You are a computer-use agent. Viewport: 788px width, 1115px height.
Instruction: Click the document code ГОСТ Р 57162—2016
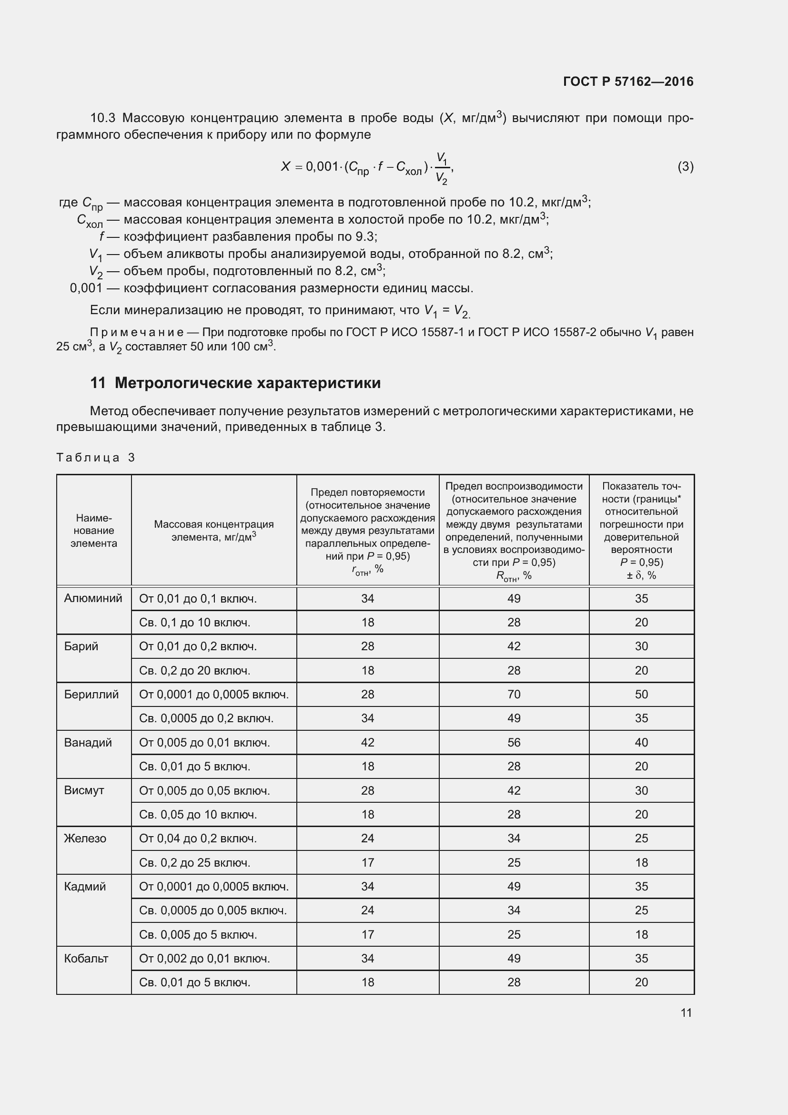click(x=628, y=82)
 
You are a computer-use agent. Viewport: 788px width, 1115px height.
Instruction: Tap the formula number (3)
click(x=685, y=166)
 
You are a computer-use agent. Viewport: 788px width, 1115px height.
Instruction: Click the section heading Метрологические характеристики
click(x=247, y=383)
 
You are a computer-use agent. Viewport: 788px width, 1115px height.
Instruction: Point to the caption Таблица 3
click(x=96, y=458)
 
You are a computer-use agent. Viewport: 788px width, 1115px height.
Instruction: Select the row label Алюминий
click(x=93, y=598)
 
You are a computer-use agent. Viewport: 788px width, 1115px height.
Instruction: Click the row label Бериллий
click(x=91, y=695)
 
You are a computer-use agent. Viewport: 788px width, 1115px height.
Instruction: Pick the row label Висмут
click(x=84, y=790)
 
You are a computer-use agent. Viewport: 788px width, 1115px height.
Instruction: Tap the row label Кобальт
click(x=86, y=958)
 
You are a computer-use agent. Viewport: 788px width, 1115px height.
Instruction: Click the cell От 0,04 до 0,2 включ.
click(x=198, y=838)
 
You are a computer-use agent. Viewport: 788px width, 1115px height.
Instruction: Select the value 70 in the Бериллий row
click(x=514, y=695)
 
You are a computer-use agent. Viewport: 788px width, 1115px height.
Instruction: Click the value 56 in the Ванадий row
click(x=514, y=743)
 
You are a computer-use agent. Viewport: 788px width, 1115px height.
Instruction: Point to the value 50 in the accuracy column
click(x=641, y=695)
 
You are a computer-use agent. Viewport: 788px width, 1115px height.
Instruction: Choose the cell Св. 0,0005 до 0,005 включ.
click(x=212, y=910)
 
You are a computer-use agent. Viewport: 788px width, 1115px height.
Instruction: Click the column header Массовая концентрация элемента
click(x=213, y=530)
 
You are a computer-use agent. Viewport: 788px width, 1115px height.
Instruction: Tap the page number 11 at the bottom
click(x=686, y=1013)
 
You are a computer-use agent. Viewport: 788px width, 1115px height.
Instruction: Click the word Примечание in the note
click(x=136, y=333)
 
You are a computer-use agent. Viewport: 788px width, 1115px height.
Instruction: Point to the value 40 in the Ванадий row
click(x=641, y=743)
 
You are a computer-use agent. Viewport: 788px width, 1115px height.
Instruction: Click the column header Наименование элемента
click(x=94, y=530)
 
